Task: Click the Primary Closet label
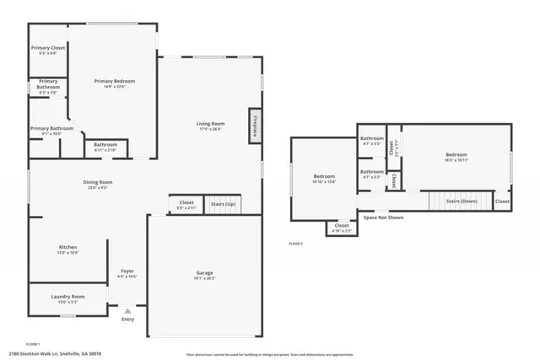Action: tap(47, 48)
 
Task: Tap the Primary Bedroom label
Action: tap(114, 81)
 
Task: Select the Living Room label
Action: tap(210, 124)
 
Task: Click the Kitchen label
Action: tap(67, 247)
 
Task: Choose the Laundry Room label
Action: tap(67, 297)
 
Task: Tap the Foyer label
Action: tap(127, 271)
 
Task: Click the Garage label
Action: tap(204, 272)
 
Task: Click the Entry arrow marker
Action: tap(127, 311)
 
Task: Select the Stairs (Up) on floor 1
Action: tap(223, 204)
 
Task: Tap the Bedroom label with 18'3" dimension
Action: tap(456, 155)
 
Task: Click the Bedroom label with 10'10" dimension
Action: tap(324, 176)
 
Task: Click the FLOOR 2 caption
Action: tap(295, 244)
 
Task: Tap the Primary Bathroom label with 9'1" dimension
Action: tap(51, 129)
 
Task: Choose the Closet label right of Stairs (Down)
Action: tap(501, 201)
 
